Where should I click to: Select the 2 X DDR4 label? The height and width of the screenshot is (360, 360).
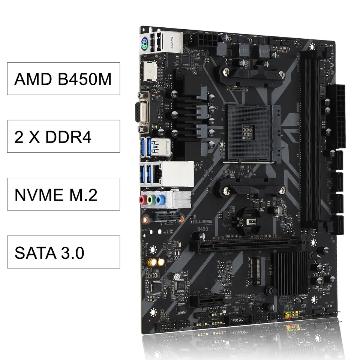pyautogui.click(x=63, y=136)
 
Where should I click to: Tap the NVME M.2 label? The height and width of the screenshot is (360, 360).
pyautogui.click(x=63, y=194)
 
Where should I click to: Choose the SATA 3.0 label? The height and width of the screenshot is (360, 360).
pyautogui.click(x=63, y=252)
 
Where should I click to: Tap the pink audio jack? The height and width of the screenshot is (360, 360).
pyautogui.click(x=142, y=200)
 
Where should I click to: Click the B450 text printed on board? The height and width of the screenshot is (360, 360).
pyautogui.click(x=202, y=228)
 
